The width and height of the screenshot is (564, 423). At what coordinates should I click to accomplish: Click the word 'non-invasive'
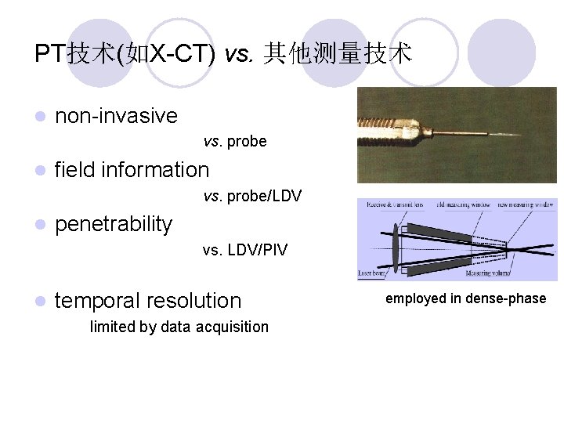point(117,117)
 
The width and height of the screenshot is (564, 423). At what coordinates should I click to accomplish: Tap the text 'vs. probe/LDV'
point(252,195)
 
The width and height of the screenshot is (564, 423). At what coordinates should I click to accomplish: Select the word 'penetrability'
point(114,224)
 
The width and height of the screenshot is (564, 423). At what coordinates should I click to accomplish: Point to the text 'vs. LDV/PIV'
point(244,250)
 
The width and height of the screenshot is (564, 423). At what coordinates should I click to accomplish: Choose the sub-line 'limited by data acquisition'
point(179,327)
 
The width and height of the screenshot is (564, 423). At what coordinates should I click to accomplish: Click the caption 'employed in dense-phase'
point(465,298)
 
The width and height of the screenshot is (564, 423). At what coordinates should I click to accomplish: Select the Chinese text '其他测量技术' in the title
point(338,53)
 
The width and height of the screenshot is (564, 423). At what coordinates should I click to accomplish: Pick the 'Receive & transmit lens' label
point(391,205)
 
